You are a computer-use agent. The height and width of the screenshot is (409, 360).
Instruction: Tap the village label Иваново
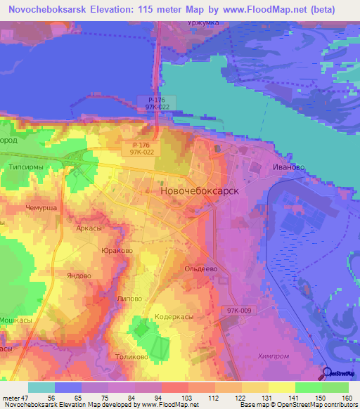pyautogui.click(x=288, y=167)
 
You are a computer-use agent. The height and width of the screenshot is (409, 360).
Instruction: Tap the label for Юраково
pyautogui.click(x=117, y=251)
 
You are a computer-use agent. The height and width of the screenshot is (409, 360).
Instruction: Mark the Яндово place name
pyautogui.click(x=79, y=275)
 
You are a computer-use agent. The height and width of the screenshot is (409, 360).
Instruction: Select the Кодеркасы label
pyautogui.click(x=174, y=317)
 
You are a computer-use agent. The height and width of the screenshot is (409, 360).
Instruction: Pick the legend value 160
pyautogui.click(x=345, y=397)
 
